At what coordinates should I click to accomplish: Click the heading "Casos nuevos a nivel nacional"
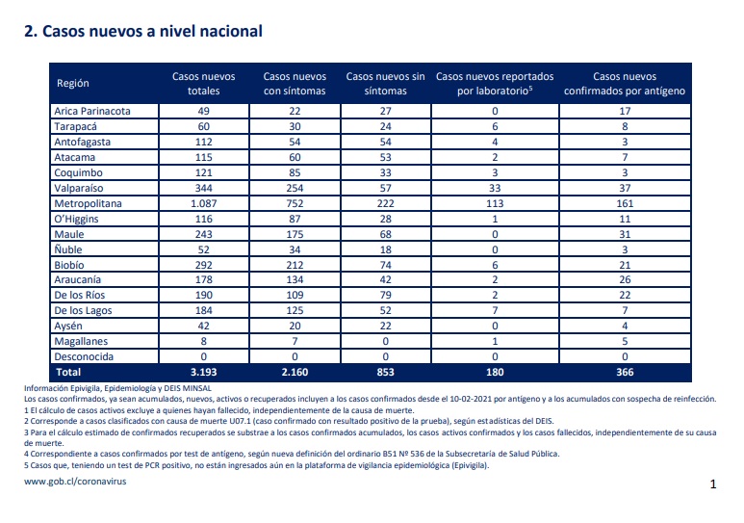point(152,32)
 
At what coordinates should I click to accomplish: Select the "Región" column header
point(72,83)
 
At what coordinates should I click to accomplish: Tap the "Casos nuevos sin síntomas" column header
point(385,84)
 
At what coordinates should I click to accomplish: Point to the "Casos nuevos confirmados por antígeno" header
point(625,84)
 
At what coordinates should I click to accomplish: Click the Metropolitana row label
point(88,203)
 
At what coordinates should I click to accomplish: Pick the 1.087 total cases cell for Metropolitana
point(203,203)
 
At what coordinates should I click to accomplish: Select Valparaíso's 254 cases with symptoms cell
point(295,188)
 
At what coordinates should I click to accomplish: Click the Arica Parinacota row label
point(92,111)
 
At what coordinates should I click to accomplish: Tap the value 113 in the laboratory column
point(495,203)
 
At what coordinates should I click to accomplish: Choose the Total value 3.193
point(203,372)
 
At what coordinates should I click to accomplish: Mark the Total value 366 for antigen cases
point(625,372)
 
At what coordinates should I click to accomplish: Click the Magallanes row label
point(81,341)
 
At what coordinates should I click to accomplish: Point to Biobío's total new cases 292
point(203,265)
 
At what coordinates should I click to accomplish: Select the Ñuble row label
point(67,249)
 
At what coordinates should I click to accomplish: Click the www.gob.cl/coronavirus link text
point(75,482)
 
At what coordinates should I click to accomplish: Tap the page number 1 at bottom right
point(712,484)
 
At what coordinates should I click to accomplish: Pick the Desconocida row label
point(84,356)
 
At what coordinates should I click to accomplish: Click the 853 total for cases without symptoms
point(385,372)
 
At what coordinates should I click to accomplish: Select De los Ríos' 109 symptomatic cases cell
point(295,295)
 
